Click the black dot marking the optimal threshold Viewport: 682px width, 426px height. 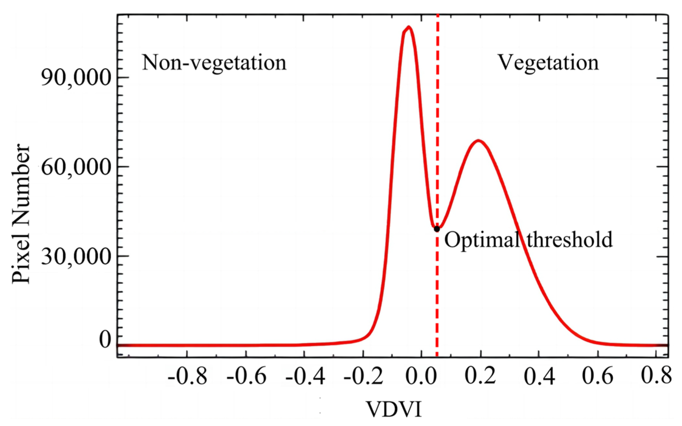tap(437, 229)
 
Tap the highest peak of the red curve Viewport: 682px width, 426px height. tap(409, 27)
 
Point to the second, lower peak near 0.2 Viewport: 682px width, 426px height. tap(479, 141)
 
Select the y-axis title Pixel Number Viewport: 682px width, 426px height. tap(21, 214)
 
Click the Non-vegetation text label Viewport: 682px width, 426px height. tap(214, 63)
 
